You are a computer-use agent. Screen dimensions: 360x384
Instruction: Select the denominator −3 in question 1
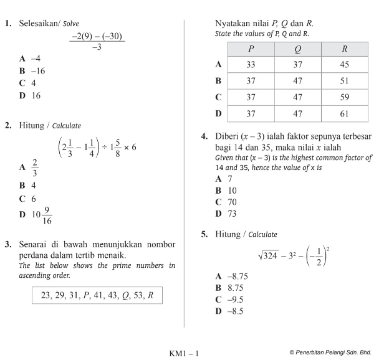point(97,47)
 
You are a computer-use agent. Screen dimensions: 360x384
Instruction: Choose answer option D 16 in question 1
point(31,95)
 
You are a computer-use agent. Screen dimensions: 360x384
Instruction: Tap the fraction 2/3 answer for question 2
point(35,167)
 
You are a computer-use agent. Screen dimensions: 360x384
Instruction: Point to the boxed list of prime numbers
point(97,295)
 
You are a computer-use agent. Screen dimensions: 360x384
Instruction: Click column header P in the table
point(251,49)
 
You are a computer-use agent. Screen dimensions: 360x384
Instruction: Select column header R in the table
point(345,49)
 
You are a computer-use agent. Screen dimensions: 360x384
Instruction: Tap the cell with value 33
point(251,64)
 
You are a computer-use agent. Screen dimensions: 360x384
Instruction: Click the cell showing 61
point(345,113)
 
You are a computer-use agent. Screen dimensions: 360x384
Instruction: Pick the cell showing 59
point(345,97)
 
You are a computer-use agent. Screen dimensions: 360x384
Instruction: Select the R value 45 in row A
point(345,64)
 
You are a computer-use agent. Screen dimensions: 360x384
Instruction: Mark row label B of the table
point(218,81)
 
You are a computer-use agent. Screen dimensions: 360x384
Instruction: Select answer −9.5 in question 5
point(231,300)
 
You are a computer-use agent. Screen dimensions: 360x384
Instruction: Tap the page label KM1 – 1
point(184,354)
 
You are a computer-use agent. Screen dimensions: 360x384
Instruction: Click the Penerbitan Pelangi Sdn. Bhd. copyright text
point(330,353)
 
